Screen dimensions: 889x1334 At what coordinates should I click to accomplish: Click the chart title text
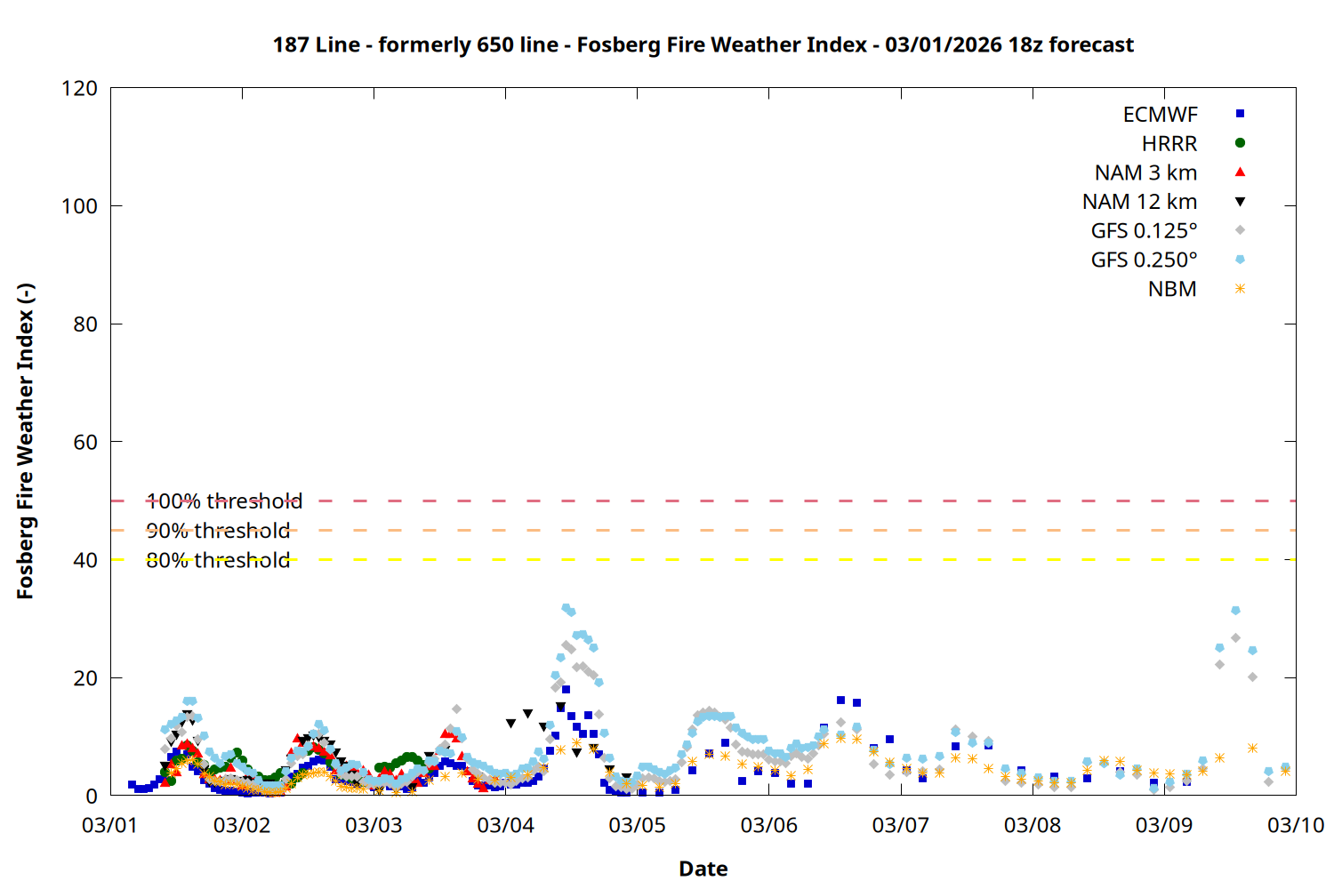click(703, 44)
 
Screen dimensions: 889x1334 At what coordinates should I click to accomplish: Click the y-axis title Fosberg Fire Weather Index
click(25, 441)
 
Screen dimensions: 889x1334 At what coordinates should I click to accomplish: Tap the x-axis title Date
click(703, 869)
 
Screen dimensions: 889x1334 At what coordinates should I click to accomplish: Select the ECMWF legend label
click(1160, 115)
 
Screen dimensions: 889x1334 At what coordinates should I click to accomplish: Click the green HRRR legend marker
click(1240, 143)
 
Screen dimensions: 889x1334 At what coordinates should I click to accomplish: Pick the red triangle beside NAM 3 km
click(1240, 172)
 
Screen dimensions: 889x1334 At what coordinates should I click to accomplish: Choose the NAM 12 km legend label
click(1139, 202)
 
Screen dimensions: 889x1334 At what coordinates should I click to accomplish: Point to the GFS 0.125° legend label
click(1144, 231)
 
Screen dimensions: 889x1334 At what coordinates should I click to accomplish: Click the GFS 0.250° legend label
click(1144, 260)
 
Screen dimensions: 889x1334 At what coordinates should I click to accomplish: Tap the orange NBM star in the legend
click(1240, 289)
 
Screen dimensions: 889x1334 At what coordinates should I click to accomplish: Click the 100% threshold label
click(224, 501)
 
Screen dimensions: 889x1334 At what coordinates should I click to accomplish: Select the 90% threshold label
click(218, 531)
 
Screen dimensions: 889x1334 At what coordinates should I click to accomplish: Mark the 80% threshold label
click(218, 560)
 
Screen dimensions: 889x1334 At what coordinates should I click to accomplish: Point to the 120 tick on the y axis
click(79, 88)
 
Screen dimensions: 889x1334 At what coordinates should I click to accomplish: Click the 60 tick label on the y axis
click(85, 442)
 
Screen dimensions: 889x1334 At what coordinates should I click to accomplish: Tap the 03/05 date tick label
click(637, 825)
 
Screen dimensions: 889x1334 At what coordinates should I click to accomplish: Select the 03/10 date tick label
click(1295, 825)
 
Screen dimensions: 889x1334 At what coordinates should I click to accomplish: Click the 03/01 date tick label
click(109, 825)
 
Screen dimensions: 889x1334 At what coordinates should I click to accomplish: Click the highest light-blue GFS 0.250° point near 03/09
click(1235, 611)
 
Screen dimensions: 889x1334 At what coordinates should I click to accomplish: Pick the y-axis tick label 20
click(85, 678)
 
